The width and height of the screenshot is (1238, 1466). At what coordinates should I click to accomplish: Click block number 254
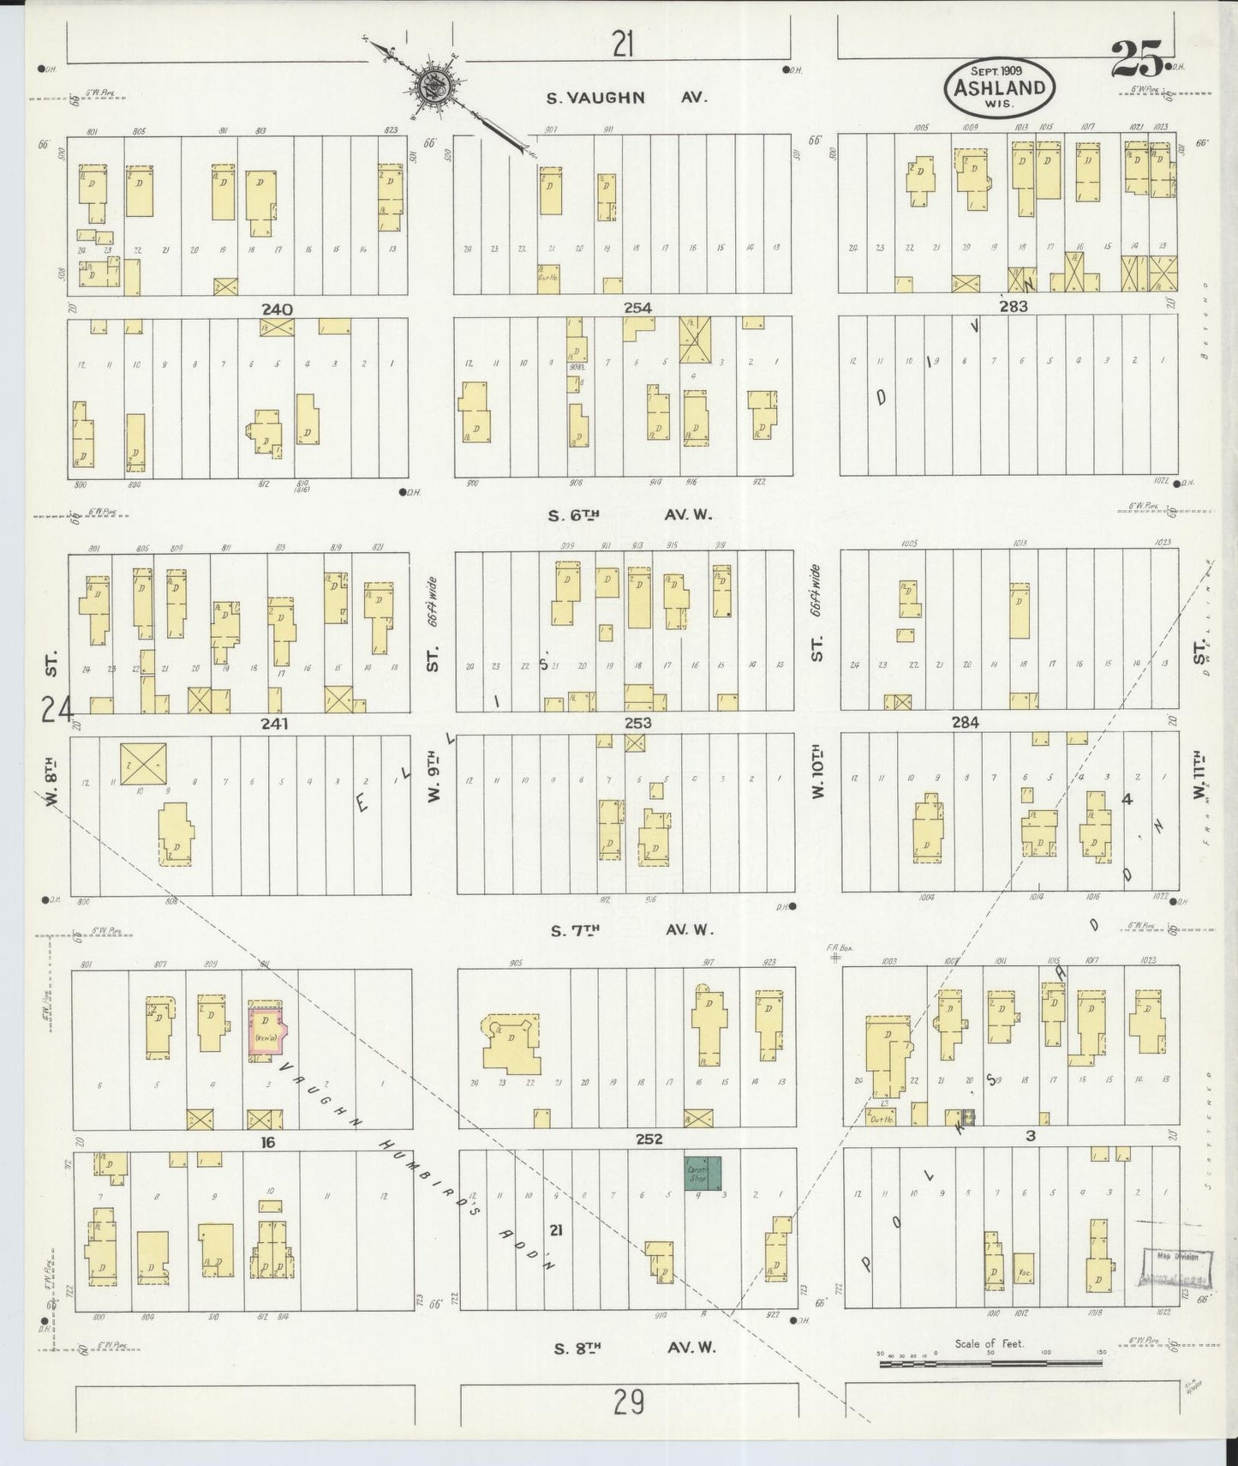pos(637,308)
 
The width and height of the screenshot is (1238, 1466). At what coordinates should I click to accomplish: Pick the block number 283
pos(1012,306)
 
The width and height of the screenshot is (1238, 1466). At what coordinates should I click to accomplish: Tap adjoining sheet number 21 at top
pos(623,43)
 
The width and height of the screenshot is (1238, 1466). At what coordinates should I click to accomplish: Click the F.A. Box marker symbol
pos(834,958)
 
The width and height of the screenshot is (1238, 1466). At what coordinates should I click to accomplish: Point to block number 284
pos(966,723)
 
